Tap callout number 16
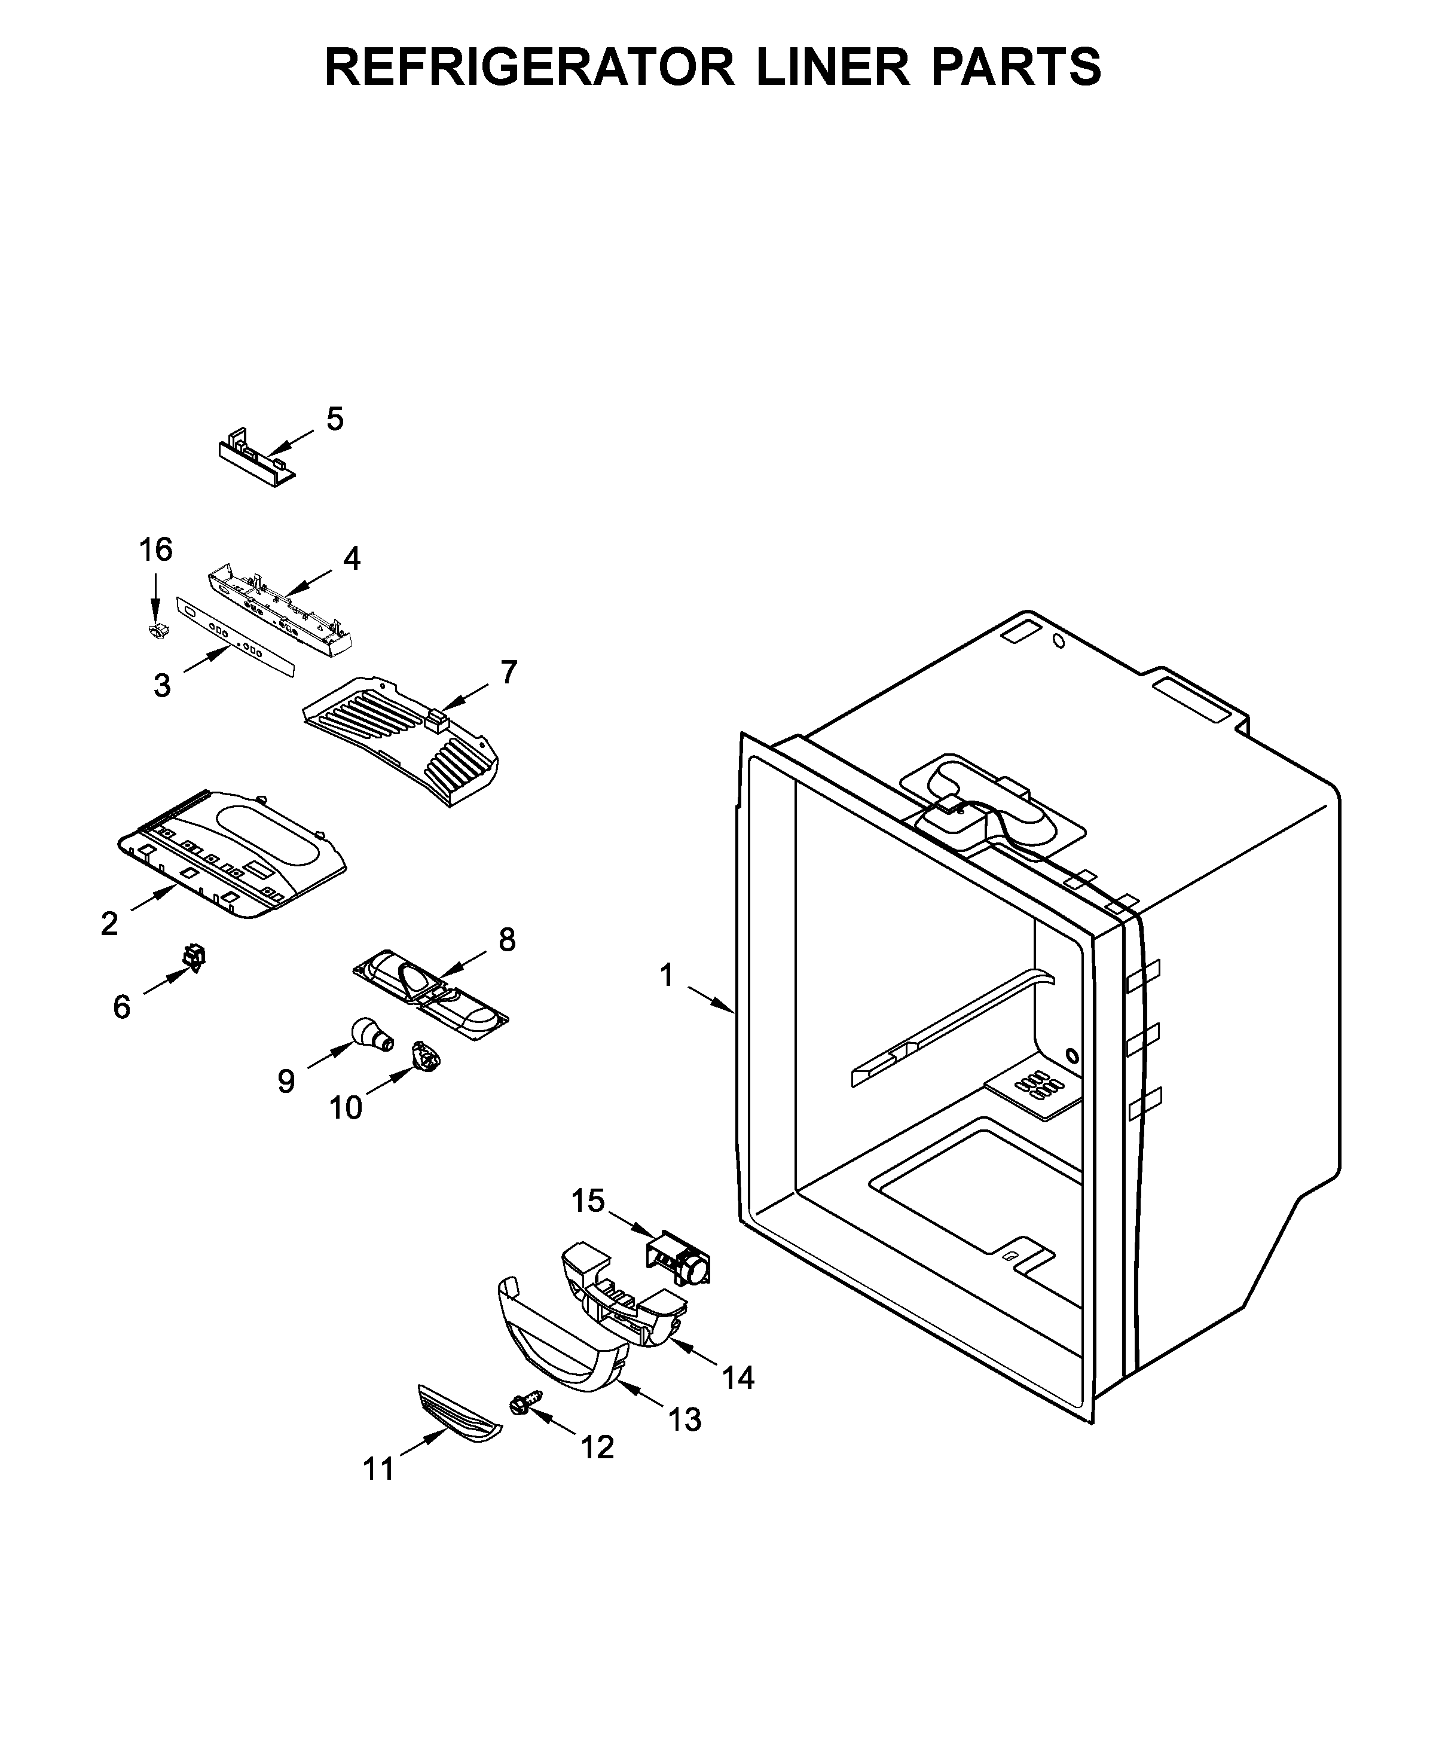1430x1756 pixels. tap(155, 549)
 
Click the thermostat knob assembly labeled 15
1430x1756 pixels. tap(678, 1259)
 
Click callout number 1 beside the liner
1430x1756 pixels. tap(667, 976)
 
